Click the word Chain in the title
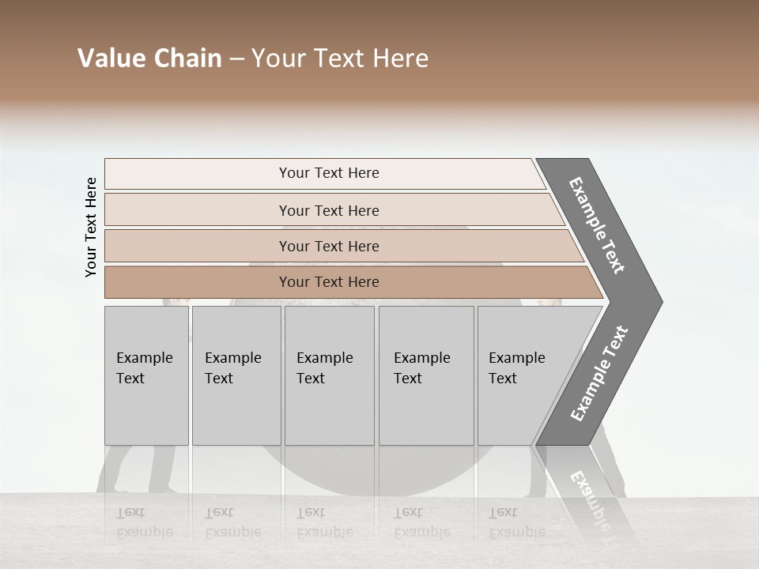click(187, 58)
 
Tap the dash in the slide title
click(236, 59)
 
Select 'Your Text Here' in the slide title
click(340, 58)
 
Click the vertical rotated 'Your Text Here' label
click(91, 227)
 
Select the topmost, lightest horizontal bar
click(328, 173)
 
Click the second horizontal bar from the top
click(328, 210)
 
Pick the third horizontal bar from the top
click(328, 246)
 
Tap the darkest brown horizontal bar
click(328, 282)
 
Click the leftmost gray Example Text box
click(146, 375)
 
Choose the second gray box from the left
click(236, 375)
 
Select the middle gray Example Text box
click(329, 375)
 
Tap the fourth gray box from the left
click(425, 375)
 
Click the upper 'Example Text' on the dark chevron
click(598, 225)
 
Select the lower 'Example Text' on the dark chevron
click(599, 374)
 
